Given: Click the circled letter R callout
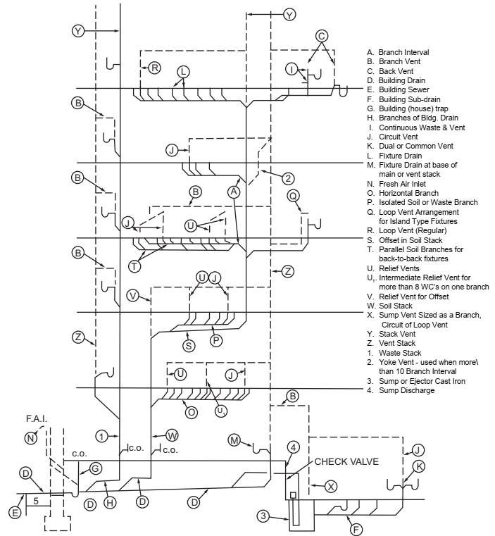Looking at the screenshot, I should click(153, 67).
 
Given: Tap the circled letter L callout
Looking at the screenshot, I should click(183, 72).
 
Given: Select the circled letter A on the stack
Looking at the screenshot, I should click(235, 192).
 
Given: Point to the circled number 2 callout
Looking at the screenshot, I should click(289, 177).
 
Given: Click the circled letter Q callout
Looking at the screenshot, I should click(294, 195).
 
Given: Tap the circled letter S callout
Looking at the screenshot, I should click(188, 345).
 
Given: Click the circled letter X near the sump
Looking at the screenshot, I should click(330, 485).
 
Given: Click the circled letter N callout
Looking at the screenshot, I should click(30, 438).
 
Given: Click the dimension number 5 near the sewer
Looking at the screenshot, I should click(35, 501).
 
